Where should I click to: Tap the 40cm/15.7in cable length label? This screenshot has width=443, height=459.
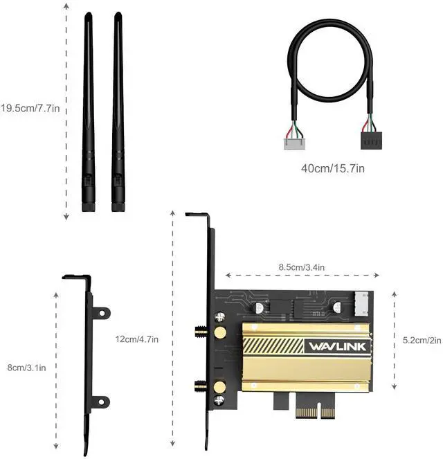[333, 168]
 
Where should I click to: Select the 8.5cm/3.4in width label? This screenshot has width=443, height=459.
[302, 267]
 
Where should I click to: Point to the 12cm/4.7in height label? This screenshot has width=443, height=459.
[137, 339]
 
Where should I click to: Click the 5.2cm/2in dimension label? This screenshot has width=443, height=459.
[422, 341]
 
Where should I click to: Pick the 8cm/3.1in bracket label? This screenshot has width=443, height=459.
[26, 368]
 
